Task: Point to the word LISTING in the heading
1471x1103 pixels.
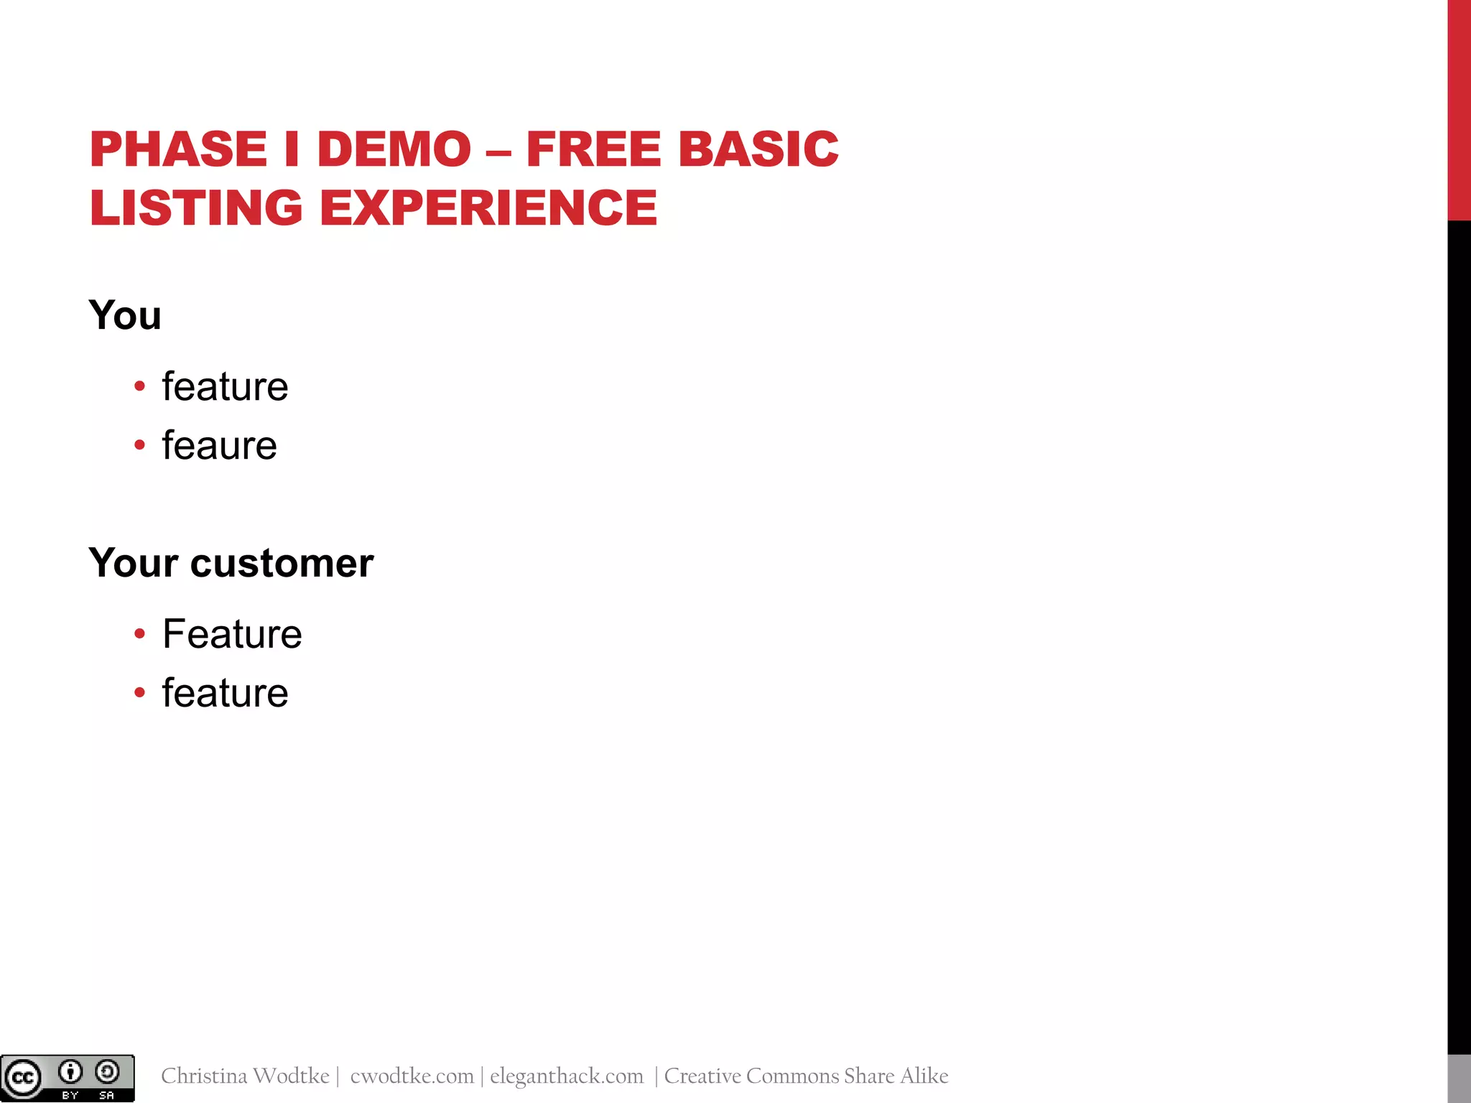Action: tap(196, 208)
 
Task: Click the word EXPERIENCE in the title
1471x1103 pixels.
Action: tap(488, 208)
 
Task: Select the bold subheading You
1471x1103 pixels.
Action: tap(125, 315)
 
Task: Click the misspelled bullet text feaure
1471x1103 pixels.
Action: tap(219, 445)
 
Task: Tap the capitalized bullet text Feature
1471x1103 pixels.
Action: tap(232, 634)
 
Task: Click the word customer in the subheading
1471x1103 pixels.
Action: tap(282, 562)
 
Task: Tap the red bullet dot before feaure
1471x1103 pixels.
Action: tap(139, 445)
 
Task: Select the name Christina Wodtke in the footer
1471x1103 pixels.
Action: tap(245, 1076)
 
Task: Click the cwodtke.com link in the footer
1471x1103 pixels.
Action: tap(412, 1076)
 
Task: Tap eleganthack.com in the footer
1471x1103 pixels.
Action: tap(567, 1076)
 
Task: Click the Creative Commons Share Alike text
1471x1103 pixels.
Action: tap(806, 1076)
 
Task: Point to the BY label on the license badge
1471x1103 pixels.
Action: tap(70, 1095)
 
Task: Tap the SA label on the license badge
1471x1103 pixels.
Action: tap(107, 1095)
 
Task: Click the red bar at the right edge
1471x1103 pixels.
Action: tap(1459, 108)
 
